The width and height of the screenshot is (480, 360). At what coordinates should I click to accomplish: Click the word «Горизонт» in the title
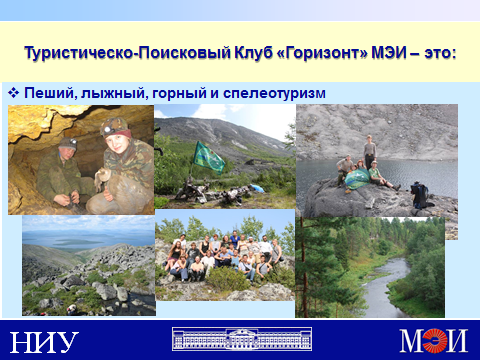click(x=322, y=53)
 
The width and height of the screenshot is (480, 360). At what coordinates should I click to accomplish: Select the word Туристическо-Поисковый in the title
click(x=128, y=53)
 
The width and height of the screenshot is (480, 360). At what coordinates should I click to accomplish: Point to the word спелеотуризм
click(x=274, y=93)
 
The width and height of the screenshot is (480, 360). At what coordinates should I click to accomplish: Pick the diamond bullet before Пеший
click(x=13, y=93)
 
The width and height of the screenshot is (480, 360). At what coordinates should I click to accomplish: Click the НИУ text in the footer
click(x=44, y=342)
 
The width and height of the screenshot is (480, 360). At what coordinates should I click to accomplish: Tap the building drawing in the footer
click(x=242, y=339)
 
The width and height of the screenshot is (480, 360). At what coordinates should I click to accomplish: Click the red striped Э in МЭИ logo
click(x=434, y=340)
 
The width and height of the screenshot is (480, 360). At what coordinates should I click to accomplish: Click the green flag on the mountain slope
click(x=209, y=158)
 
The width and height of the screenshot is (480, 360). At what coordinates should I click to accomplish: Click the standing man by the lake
click(x=369, y=151)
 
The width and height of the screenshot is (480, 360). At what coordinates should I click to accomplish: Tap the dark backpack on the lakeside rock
click(x=420, y=195)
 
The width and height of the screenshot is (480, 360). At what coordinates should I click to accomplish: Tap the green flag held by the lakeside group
click(x=357, y=179)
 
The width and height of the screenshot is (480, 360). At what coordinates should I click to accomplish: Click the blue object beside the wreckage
click(x=257, y=188)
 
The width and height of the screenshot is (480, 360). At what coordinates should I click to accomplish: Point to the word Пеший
click(x=51, y=93)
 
